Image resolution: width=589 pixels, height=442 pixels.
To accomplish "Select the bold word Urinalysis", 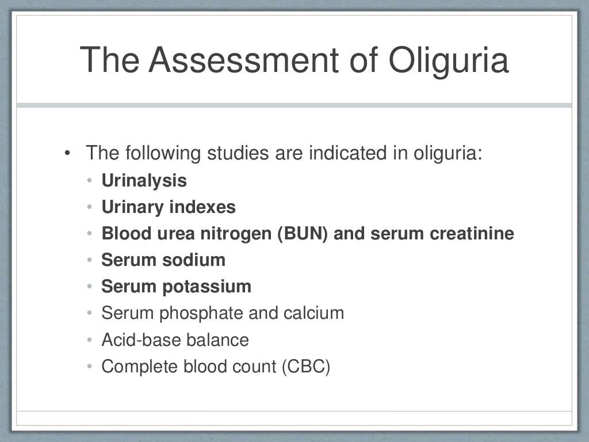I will [x=144, y=181].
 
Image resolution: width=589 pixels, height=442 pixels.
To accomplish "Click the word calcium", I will [x=313, y=313].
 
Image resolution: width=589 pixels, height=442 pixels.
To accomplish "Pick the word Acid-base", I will [x=141, y=340].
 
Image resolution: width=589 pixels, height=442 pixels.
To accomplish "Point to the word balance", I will [x=217, y=340].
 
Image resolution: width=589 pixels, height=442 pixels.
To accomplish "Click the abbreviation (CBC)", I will [x=306, y=366].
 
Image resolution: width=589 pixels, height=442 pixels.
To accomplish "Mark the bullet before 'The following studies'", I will [x=68, y=154].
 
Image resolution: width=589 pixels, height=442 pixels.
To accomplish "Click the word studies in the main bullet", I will [x=236, y=154].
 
